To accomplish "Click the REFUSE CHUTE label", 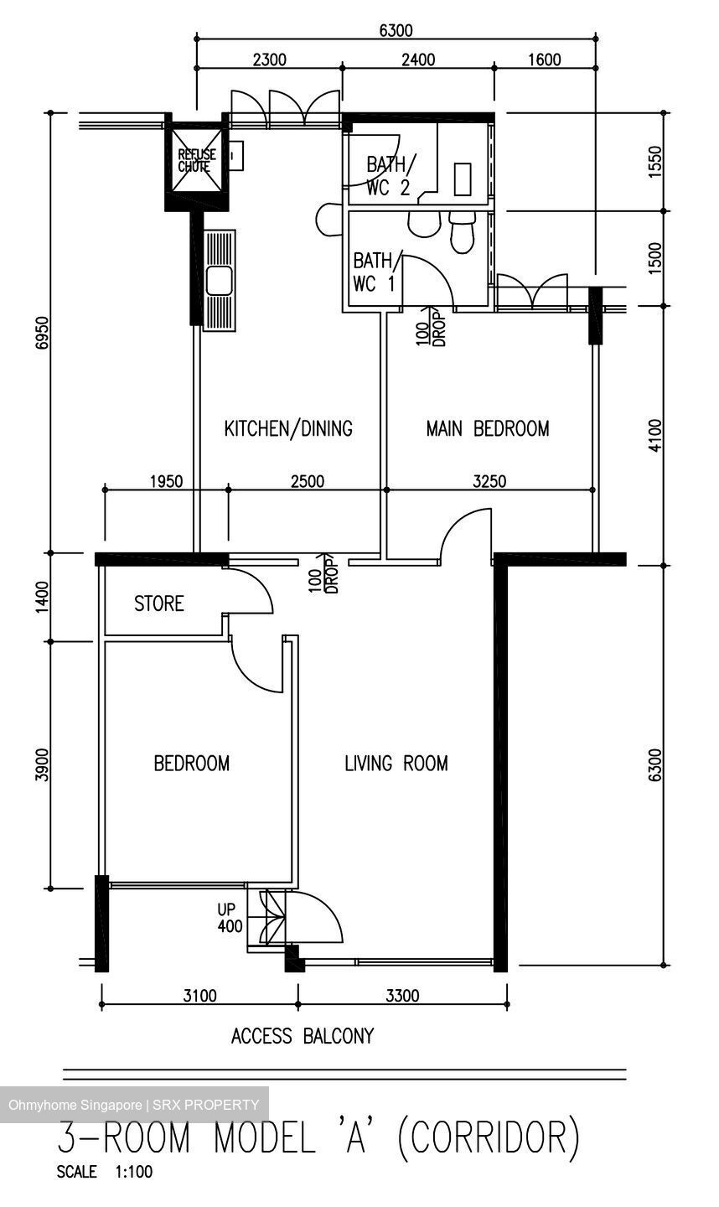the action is pyautogui.click(x=197, y=161).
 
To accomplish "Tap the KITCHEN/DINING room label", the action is pyautogui.click(x=288, y=429).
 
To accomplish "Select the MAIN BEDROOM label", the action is pyautogui.click(x=488, y=429).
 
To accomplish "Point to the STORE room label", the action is pyautogui.click(x=159, y=603).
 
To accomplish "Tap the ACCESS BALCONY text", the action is pyautogui.click(x=303, y=1036).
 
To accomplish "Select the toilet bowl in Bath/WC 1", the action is pyautogui.click(x=462, y=232).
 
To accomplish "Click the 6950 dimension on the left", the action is pyautogui.click(x=42, y=334).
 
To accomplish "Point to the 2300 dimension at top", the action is pyautogui.click(x=269, y=60).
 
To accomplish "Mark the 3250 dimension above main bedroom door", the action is pyautogui.click(x=489, y=480).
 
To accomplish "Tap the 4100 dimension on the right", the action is pyautogui.click(x=655, y=435).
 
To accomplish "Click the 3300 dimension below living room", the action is pyautogui.click(x=402, y=995).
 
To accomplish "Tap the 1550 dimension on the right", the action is pyautogui.click(x=655, y=161).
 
